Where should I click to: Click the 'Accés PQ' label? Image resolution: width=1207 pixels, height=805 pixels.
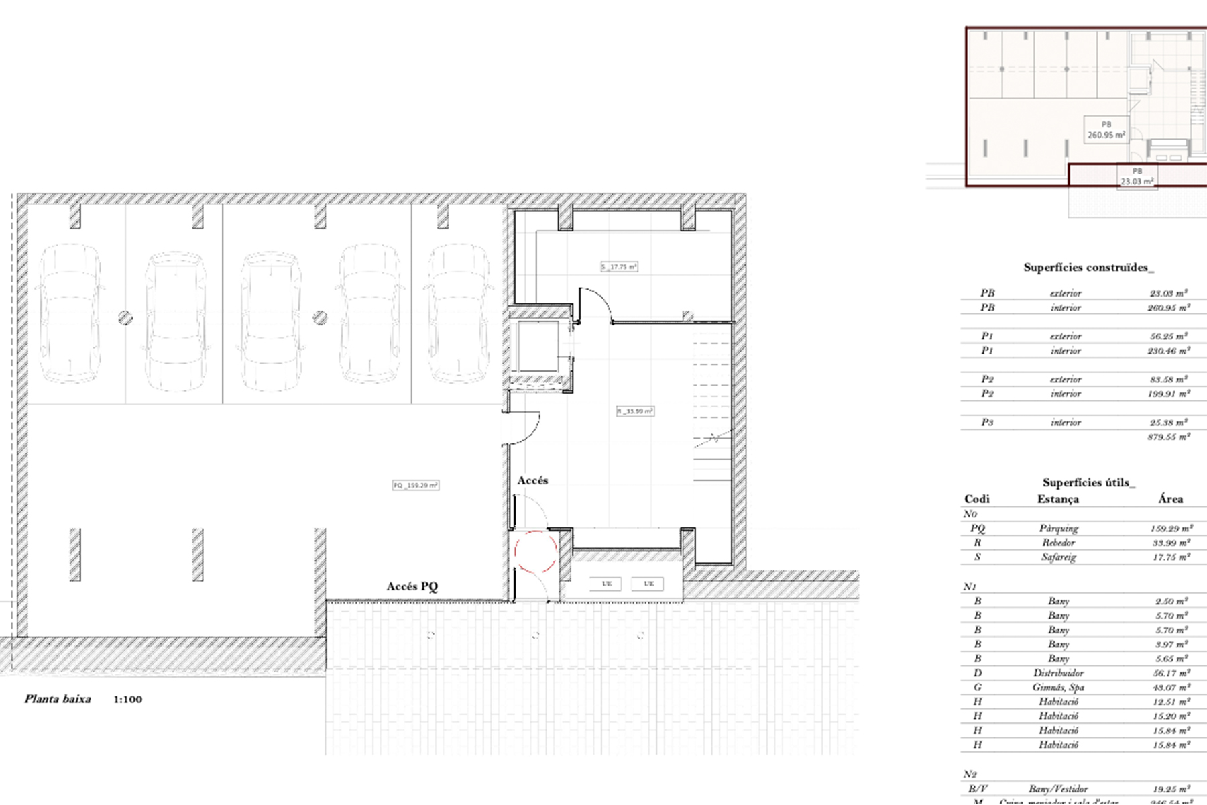click(412, 586)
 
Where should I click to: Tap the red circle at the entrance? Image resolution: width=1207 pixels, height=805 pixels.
click(536, 551)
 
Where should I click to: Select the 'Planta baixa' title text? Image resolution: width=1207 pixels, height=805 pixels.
click(58, 699)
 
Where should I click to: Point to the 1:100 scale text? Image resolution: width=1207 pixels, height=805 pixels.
click(127, 700)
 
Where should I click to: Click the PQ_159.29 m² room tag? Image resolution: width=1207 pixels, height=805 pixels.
click(416, 485)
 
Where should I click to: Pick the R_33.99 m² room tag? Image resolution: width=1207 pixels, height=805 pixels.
click(635, 411)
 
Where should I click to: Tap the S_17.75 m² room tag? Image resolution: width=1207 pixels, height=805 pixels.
click(619, 267)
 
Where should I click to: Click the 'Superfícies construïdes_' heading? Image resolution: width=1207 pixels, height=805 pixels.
click(1088, 268)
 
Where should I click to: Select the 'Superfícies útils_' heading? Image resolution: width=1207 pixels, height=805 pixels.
click(1088, 482)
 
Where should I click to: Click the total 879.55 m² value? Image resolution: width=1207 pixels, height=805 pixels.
click(1169, 437)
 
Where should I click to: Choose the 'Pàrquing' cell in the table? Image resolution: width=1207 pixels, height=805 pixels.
click(1059, 529)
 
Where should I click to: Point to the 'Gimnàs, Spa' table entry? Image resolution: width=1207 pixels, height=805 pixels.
click(1058, 687)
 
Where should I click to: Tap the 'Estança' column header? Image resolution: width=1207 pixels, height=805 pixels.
click(1058, 499)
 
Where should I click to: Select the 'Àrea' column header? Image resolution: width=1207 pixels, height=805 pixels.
click(1170, 499)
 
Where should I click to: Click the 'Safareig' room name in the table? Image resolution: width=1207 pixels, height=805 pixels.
click(1059, 557)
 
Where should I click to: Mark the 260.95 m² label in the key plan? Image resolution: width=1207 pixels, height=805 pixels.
click(1106, 135)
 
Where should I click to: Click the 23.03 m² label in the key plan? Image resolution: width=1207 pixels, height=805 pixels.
click(1137, 181)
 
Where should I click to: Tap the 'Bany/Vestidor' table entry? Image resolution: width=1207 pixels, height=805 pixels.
click(1058, 789)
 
